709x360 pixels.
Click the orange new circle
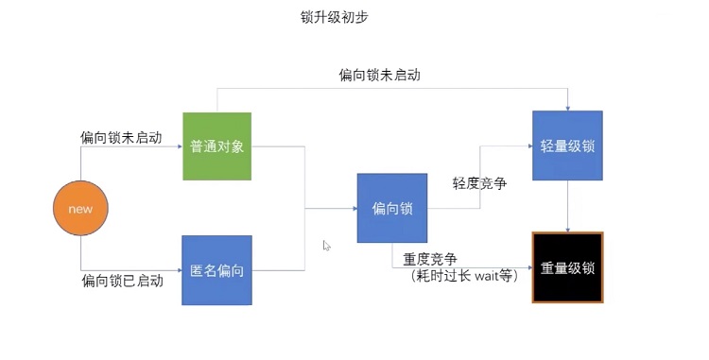[x=80, y=209]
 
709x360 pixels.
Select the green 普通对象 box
[x=217, y=146]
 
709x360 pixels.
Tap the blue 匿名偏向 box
[x=216, y=270]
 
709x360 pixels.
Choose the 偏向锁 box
[x=391, y=209]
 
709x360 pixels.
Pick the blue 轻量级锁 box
[x=567, y=146]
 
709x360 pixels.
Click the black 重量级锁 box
[x=567, y=267]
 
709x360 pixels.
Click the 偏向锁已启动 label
[x=122, y=281]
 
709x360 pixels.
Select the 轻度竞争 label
[x=480, y=183]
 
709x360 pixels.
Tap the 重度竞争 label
[x=431, y=259]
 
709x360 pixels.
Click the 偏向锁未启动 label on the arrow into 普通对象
[x=121, y=137]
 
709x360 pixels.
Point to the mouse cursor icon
[x=327, y=246]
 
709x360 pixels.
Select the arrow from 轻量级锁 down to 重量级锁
[x=567, y=206]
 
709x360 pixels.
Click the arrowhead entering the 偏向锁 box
[x=353, y=209]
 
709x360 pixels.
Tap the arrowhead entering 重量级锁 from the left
[x=528, y=267]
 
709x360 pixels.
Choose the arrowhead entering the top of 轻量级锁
[x=567, y=107]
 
